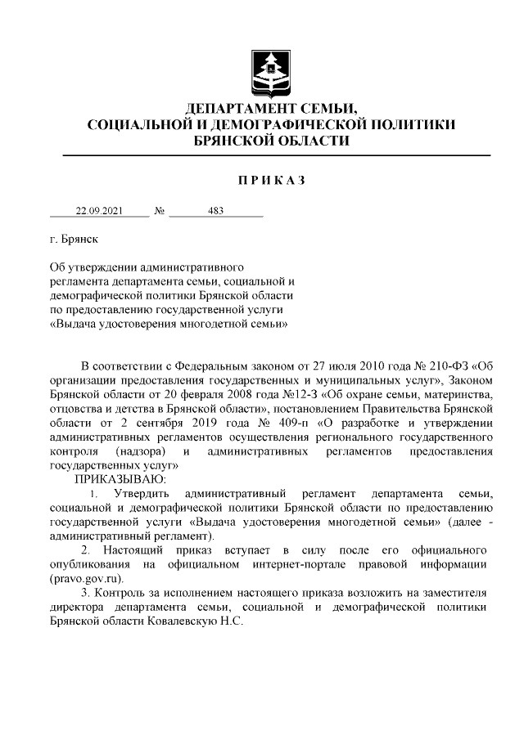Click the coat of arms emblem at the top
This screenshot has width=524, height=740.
pyautogui.click(x=269, y=70)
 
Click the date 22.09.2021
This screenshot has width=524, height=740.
pyautogui.click(x=99, y=211)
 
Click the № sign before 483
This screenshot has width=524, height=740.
pyautogui.click(x=159, y=211)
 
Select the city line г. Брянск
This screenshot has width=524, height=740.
pyautogui.click(x=73, y=241)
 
